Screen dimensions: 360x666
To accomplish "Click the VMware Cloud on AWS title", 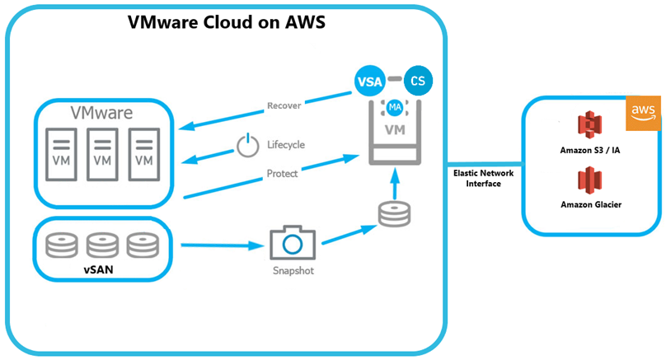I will (x=227, y=23).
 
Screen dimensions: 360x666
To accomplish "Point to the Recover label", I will (x=284, y=105).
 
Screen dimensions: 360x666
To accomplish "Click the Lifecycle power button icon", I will (x=246, y=146).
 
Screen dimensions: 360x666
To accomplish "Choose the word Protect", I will (x=283, y=173).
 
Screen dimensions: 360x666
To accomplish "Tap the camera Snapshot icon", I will (x=293, y=243).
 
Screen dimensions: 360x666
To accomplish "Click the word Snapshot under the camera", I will (x=293, y=270).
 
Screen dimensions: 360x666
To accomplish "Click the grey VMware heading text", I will (x=101, y=111).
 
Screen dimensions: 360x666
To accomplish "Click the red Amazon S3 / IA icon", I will (x=589, y=125).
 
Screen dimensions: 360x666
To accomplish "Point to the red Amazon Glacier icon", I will (x=590, y=180).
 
